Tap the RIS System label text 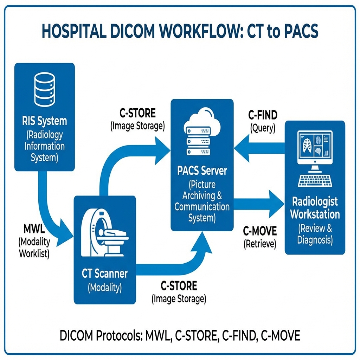pyautogui.click(x=44, y=121)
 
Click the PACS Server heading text pyautogui.click(x=202, y=171)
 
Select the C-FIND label pyautogui.click(x=263, y=115)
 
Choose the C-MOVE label pyautogui.click(x=260, y=231)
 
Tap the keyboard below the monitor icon pyautogui.click(x=315, y=180)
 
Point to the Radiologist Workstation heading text pyautogui.click(x=315, y=208)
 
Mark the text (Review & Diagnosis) pyautogui.click(x=315, y=234)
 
